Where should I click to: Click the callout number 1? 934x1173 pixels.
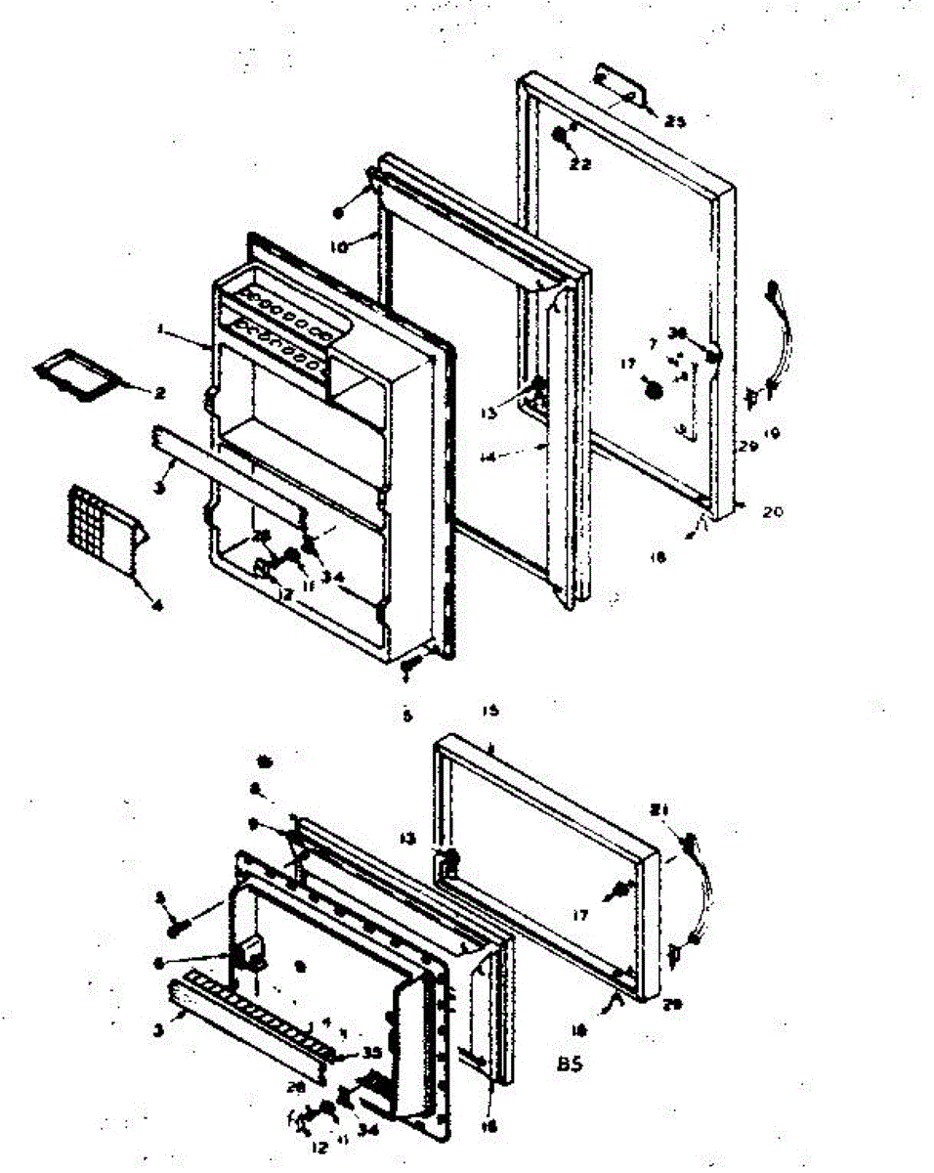coord(159,330)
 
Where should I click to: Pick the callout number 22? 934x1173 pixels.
coord(579,164)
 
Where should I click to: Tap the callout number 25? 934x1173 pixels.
coord(676,121)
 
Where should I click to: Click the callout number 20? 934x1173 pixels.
coord(773,510)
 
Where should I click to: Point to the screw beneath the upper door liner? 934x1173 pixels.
coord(408,664)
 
